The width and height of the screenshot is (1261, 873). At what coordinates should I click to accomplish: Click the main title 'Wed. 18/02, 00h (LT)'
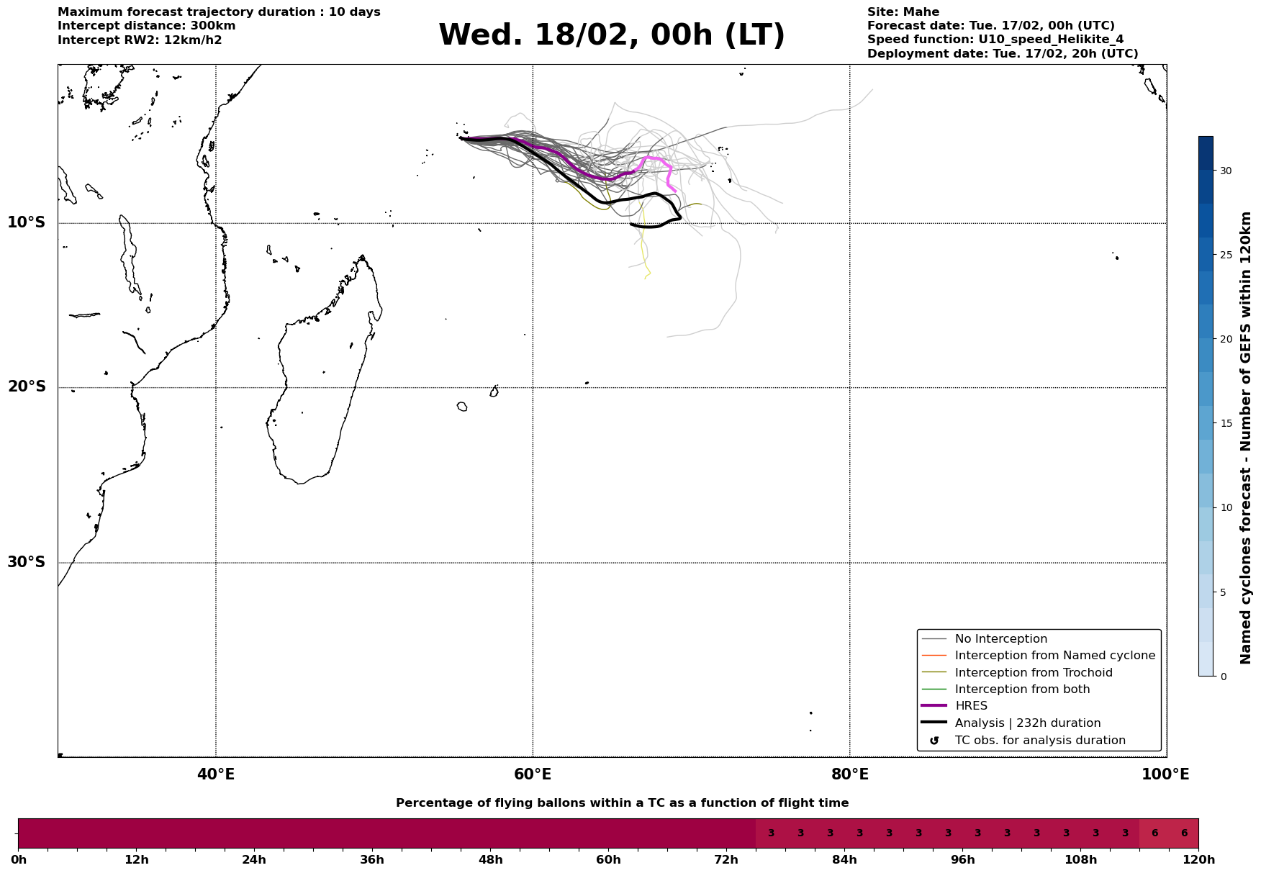[x=611, y=35]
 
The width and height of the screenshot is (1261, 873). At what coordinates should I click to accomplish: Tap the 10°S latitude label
[x=27, y=222]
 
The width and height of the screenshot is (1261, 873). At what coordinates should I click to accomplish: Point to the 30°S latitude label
[x=27, y=562]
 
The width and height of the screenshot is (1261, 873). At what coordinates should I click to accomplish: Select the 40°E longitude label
[x=216, y=775]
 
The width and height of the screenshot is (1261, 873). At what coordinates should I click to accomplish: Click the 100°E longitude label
[x=1165, y=775]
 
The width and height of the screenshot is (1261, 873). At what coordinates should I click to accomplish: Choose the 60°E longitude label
[x=533, y=775]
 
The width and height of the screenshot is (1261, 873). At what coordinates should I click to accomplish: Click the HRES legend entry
[x=971, y=706]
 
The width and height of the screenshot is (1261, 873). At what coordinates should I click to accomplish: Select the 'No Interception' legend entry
[x=1000, y=639]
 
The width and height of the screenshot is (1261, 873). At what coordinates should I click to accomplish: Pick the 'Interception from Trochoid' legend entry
[x=1033, y=673]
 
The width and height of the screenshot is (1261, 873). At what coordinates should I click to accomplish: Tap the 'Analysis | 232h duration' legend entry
[x=1027, y=723]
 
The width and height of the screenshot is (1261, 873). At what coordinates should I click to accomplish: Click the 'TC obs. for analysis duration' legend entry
[x=1039, y=741]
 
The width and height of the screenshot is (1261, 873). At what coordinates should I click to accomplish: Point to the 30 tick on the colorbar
[x=1225, y=171]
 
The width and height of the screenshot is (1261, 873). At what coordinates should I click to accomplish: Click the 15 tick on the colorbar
[x=1225, y=423]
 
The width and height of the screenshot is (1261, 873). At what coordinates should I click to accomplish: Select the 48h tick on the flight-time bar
[x=490, y=860]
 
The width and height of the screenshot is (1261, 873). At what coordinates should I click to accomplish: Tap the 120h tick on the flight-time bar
[x=1198, y=860]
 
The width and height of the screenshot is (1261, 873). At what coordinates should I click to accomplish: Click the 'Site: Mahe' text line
[x=903, y=12]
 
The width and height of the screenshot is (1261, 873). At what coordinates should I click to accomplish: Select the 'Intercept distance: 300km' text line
[x=146, y=26]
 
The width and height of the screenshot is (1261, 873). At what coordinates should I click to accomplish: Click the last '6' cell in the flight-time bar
[x=1184, y=833]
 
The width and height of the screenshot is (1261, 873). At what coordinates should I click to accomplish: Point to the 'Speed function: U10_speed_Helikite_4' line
[x=995, y=40]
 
